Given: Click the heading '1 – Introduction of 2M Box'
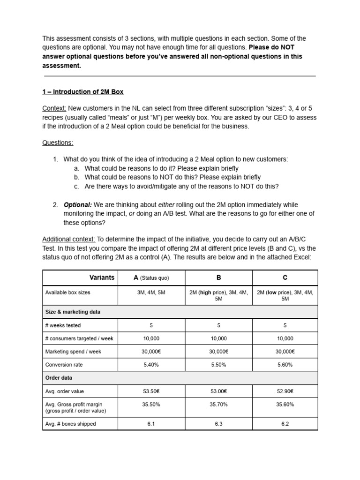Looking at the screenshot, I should pyautogui.click(x=83, y=91).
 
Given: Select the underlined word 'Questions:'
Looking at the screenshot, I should pyautogui.click(x=58, y=142).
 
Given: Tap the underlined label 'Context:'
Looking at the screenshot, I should pyautogui.click(x=54, y=108).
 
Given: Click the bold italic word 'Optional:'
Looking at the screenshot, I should pyautogui.click(x=77, y=205).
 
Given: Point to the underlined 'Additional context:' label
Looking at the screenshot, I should pyautogui.click(x=69, y=239).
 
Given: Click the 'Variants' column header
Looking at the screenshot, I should pyautogui.click(x=102, y=277).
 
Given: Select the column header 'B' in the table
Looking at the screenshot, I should pyautogui.click(x=218, y=277).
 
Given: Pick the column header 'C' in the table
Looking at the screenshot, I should pyautogui.click(x=285, y=277).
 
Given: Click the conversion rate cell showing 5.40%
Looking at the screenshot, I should pyautogui.click(x=151, y=364).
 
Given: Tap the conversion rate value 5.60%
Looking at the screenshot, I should pyautogui.click(x=285, y=364).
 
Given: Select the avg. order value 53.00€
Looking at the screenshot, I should pyautogui.click(x=218, y=391).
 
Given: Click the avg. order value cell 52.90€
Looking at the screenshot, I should pyautogui.click(x=285, y=391).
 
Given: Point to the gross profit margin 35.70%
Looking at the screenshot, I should pyautogui.click(x=218, y=404).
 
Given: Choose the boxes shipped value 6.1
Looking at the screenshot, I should pyautogui.click(x=151, y=424).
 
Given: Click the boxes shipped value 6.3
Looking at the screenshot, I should pyautogui.click(x=218, y=424).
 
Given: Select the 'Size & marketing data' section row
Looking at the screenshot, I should pyautogui.click(x=73, y=312).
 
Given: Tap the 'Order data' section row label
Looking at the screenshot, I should pyautogui.click(x=59, y=378).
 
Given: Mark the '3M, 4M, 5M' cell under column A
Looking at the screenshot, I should pyautogui.click(x=151, y=292).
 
